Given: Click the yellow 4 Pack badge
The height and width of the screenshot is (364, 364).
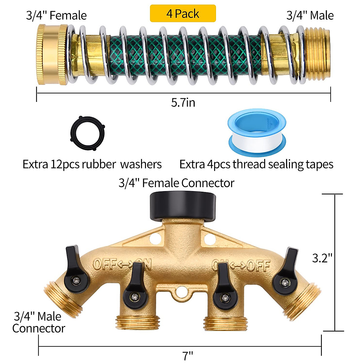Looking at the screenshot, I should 183,14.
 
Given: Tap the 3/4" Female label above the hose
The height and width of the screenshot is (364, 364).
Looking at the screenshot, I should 56,15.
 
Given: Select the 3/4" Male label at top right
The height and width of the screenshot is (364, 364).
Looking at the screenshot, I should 310,15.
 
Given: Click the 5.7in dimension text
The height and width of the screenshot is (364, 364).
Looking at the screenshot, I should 183,103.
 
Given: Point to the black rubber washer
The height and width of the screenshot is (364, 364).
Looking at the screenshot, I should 87,133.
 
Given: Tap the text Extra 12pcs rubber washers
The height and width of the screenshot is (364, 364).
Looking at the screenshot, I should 92,164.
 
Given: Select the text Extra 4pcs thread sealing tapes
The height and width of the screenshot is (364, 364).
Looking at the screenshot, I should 256,164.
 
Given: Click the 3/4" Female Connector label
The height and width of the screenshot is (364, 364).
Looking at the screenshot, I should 176,183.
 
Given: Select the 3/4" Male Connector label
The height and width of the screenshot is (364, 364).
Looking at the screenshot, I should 38,322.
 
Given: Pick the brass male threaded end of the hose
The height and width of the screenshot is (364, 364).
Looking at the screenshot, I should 316,54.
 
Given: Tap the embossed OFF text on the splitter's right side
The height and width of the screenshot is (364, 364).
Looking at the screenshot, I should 258,266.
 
